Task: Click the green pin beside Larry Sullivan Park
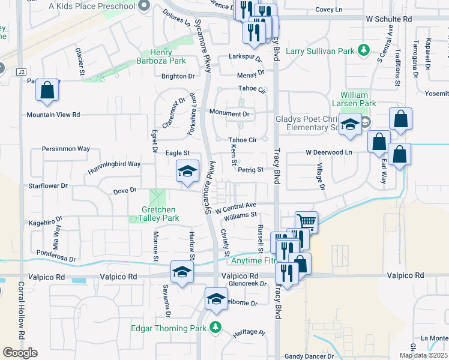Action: (363, 49)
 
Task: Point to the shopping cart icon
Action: (306, 221)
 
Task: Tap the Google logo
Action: (20, 353)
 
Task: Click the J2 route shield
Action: (22, 71)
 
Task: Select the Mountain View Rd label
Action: (53, 115)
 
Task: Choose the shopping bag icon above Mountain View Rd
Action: (47, 91)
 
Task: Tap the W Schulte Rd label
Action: (390, 19)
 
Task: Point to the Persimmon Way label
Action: (65, 149)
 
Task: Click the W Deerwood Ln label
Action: (328, 152)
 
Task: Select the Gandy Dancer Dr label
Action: (309, 356)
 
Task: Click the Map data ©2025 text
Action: (423, 355)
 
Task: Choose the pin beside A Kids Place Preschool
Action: (143, 6)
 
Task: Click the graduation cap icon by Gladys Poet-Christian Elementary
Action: (350, 124)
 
